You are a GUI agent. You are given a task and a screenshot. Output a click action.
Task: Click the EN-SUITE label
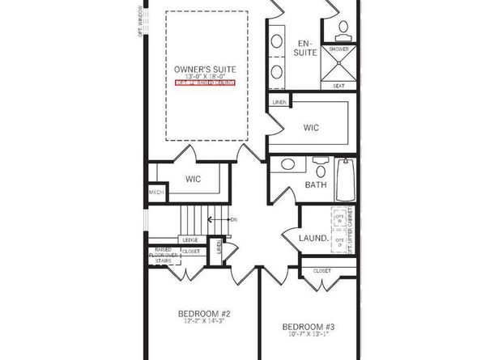(x=304, y=48)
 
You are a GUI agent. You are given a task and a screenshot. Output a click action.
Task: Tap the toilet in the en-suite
(x=343, y=28)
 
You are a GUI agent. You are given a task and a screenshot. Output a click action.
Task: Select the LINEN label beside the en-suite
(x=279, y=103)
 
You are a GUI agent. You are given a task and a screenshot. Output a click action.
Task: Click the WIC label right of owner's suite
(x=311, y=127)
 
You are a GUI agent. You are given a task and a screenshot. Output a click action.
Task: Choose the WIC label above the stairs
(x=193, y=178)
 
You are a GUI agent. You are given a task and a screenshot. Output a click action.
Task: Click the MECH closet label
(x=155, y=193)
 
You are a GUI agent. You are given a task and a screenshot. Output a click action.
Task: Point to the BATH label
(x=315, y=185)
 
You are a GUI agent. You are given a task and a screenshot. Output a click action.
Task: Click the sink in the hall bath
(x=287, y=165)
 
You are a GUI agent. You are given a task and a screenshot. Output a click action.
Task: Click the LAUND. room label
(x=313, y=239)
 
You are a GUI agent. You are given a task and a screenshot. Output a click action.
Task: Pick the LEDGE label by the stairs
(x=190, y=239)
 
